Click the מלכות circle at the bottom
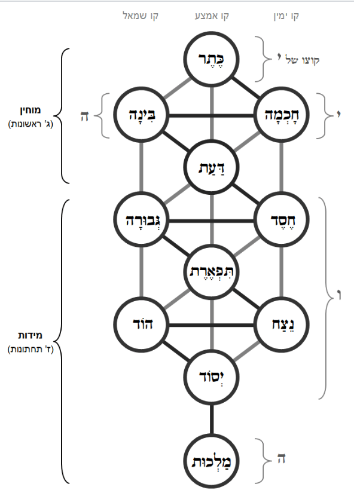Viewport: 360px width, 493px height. [212, 461]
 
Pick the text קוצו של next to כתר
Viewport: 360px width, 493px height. [298, 60]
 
